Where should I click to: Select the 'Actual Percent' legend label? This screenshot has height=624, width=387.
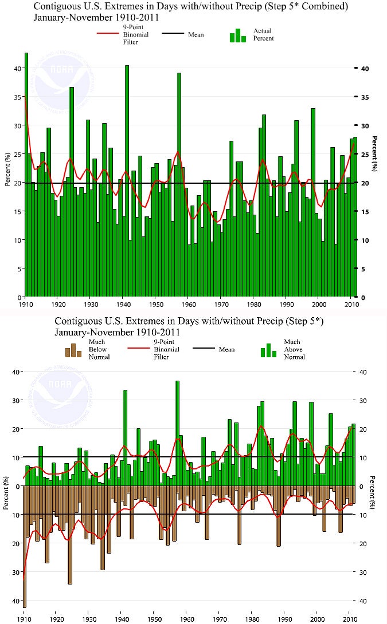[263, 34]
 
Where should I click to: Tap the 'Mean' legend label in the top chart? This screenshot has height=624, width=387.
[196, 34]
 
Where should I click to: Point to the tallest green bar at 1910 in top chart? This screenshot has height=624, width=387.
[26, 172]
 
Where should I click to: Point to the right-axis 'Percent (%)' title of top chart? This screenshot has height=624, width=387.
[374, 153]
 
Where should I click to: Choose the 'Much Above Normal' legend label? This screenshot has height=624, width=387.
[294, 349]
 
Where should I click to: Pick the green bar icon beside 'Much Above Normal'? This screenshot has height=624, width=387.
[269, 350]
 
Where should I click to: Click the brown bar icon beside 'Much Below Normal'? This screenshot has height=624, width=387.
[73, 350]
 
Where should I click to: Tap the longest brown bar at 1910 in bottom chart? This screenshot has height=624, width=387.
[25, 547]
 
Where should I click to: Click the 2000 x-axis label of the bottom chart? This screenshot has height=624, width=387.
[317, 619]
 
